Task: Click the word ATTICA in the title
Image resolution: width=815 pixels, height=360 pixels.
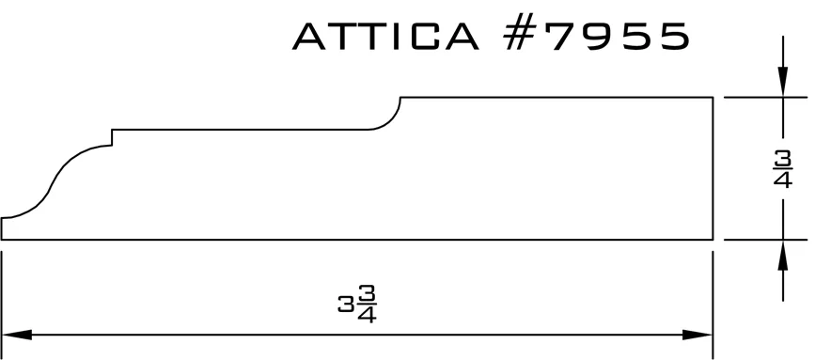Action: tap(385, 37)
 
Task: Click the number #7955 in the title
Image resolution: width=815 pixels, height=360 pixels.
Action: tap(597, 37)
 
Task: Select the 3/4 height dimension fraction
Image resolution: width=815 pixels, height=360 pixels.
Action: tap(783, 168)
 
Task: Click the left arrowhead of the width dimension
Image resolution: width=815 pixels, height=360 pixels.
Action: tap(17, 335)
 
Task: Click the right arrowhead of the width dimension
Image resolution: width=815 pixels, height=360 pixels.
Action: tap(697, 335)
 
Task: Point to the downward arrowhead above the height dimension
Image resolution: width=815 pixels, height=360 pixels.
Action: tap(783, 82)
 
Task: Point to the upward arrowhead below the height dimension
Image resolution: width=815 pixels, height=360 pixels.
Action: tap(783, 255)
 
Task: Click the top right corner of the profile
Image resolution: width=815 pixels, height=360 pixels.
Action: tap(713, 97)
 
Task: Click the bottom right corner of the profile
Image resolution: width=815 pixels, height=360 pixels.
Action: tap(713, 240)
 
